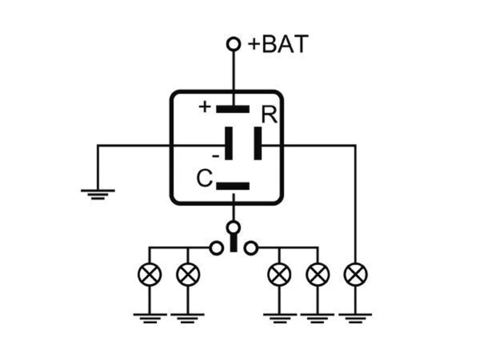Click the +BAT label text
pyautogui.click(x=278, y=44)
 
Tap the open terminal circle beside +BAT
pyautogui.click(x=234, y=44)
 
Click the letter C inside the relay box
pyautogui.click(x=204, y=178)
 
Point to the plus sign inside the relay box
pyautogui.click(x=205, y=107)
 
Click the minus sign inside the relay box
pyautogui.click(x=216, y=156)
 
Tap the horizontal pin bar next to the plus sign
pyautogui.click(x=233, y=109)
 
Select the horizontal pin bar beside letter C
pyautogui.click(x=233, y=186)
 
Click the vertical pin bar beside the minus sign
pyautogui.click(x=228, y=143)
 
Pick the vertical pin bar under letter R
pyautogui.click(x=258, y=143)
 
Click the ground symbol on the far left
pyautogui.click(x=98, y=195)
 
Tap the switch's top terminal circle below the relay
pyautogui.click(x=234, y=228)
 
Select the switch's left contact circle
pyautogui.click(x=216, y=248)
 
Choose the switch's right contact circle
pyautogui.click(x=251, y=248)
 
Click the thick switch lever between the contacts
pyautogui.click(x=234, y=243)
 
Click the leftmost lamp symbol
pyautogui.click(x=150, y=274)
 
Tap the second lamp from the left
pyautogui.click(x=188, y=274)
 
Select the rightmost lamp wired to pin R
pyautogui.click(x=356, y=274)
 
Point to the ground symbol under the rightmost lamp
pyautogui.click(x=355, y=318)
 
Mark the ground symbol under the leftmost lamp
pyautogui.click(x=150, y=318)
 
